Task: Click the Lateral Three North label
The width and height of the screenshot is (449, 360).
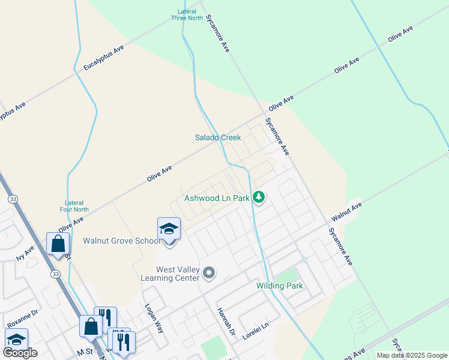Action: (187, 14)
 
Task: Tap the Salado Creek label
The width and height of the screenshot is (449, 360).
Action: (218, 137)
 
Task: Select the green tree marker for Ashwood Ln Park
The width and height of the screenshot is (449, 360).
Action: (259, 197)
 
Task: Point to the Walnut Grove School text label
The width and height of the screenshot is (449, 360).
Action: (122, 241)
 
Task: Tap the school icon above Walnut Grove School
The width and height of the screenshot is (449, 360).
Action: (169, 229)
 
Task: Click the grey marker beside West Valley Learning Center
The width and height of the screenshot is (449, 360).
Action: (209, 274)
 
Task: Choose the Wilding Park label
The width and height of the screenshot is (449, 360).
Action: (280, 286)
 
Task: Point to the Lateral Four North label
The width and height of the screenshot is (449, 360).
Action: (74, 206)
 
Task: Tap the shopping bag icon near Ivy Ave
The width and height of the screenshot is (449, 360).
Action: (58, 244)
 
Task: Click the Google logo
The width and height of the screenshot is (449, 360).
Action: (20, 353)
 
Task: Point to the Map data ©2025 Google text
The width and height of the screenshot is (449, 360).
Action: (411, 355)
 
